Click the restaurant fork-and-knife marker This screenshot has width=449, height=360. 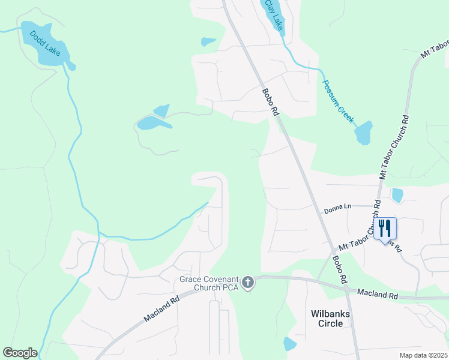pos(385,229)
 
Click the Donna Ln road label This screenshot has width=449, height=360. pos(337,209)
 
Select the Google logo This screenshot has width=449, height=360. pos(20,353)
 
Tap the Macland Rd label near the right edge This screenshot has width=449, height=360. pos(378,294)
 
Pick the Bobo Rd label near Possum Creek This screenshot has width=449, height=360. pos(271,103)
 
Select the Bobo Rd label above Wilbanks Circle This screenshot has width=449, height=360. pos(339,270)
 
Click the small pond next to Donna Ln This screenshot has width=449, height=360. pos(397,195)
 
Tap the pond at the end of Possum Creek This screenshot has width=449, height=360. pos(363,133)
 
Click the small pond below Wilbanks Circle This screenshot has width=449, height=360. pos(290,344)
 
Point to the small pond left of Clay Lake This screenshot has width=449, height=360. pos(208,41)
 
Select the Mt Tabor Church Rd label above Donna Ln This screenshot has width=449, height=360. pos(393,147)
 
